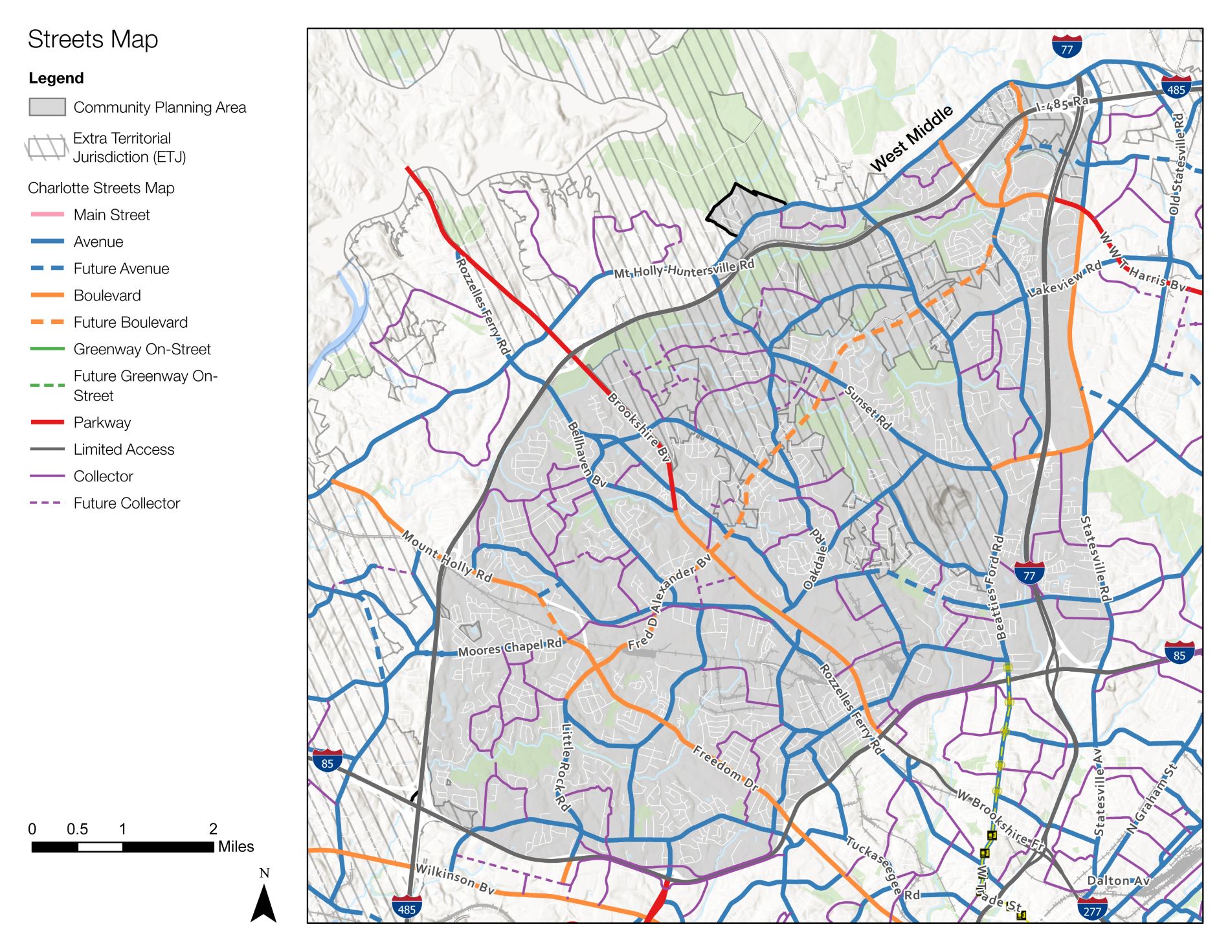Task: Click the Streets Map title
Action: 93,40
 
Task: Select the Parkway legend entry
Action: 102,422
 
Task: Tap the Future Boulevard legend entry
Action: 130,322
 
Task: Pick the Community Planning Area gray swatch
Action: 47,107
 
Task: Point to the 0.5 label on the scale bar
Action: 77,829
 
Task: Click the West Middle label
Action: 911,138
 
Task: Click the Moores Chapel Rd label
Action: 510,647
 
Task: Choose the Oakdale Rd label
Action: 816,559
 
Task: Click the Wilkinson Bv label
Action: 455,878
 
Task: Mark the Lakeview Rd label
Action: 1064,280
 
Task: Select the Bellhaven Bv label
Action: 586,454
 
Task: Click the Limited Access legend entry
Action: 123,449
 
